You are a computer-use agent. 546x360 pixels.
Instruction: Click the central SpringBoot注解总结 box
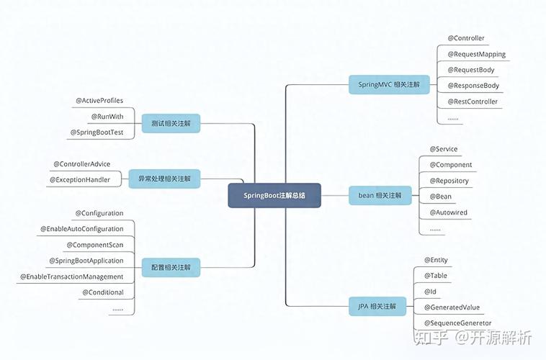(x=274, y=195)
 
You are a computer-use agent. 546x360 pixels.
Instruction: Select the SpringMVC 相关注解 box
(x=389, y=85)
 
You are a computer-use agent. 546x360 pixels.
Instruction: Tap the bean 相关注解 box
(x=380, y=195)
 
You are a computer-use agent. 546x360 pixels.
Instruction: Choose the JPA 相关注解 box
(x=377, y=307)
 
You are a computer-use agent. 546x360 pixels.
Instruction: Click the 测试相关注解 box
(x=171, y=123)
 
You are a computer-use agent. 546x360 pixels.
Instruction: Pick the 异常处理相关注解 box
(x=164, y=179)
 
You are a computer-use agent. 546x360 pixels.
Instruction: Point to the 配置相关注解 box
(x=171, y=267)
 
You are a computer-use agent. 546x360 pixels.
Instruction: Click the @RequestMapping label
(x=477, y=54)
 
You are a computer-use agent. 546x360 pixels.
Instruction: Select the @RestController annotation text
(x=473, y=102)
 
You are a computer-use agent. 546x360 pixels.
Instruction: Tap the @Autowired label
(x=449, y=212)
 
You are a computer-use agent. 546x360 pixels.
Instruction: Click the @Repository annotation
(x=449, y=181)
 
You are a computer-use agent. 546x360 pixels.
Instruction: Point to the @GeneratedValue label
(x=452, y=307)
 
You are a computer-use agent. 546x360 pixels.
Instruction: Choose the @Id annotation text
(x=430, y=292)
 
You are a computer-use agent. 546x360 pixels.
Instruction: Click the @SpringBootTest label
(x=97, y=132)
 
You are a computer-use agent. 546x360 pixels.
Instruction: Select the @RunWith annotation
(x=107, y=117)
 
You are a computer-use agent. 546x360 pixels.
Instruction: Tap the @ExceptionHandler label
(x=80, y=180)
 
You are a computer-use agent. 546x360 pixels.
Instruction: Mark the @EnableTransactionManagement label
(x=72, y=276)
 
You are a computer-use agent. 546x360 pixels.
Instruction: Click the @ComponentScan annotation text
(x=95, y=245)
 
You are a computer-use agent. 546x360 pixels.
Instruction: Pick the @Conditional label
(x=103, y=292)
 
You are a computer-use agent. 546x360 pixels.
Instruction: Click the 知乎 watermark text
(x=431, y=338)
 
